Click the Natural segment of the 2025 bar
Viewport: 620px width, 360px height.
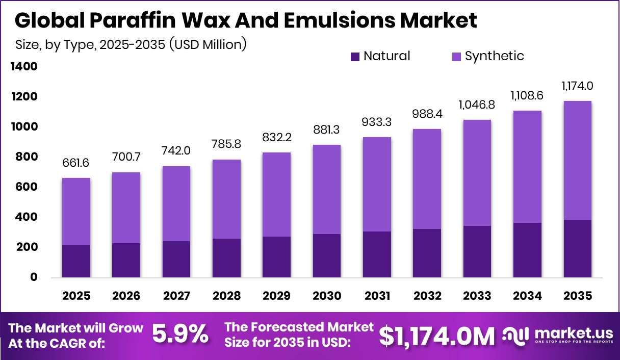click(x=76, y=261)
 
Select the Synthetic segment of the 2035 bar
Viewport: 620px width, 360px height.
click(x=578, y=160)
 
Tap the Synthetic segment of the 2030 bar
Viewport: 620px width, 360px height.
click(x=327, y=189)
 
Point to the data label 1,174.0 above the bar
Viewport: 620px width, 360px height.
click(x=578, y=86)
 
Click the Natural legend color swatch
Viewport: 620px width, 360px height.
click(x=355, y=57)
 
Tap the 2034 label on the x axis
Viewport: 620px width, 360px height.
click(x=527, y=296)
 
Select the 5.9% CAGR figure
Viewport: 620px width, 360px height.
click(x=180, y=335)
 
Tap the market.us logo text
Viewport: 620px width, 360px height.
click(x=573, y=333)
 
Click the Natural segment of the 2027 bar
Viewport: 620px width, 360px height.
click(x=176, y=259)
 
